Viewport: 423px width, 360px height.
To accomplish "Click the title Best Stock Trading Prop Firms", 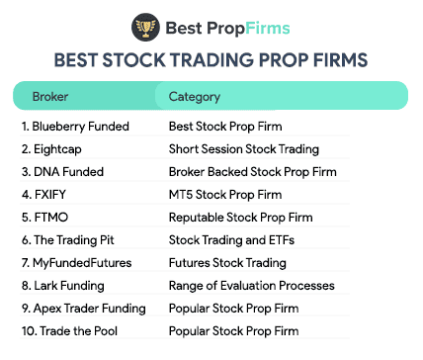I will [x=211, y=59].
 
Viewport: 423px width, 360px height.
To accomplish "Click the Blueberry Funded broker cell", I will [x=70, y=127].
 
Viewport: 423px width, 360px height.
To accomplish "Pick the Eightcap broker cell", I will [x=51, y=149].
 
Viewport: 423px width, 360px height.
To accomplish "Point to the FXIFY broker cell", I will [x=45, y=195].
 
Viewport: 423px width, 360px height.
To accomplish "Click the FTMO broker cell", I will [x=44, y=218].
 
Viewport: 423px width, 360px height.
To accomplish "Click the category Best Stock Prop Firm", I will [x=226, y=127].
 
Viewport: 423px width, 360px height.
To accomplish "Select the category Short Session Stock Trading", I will [x=243, y=149].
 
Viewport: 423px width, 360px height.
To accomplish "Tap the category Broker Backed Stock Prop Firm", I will [x=252, y=172].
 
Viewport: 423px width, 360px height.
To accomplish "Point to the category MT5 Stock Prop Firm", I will [x=227, y=195].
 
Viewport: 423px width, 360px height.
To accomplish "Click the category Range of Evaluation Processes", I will [x=251, y=286].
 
